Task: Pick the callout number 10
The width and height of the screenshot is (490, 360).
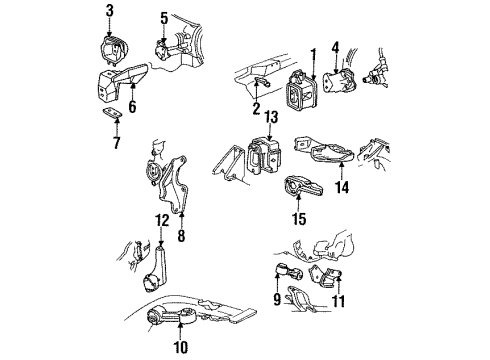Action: (181, 347)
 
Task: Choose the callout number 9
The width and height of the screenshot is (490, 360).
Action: (274, 296)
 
